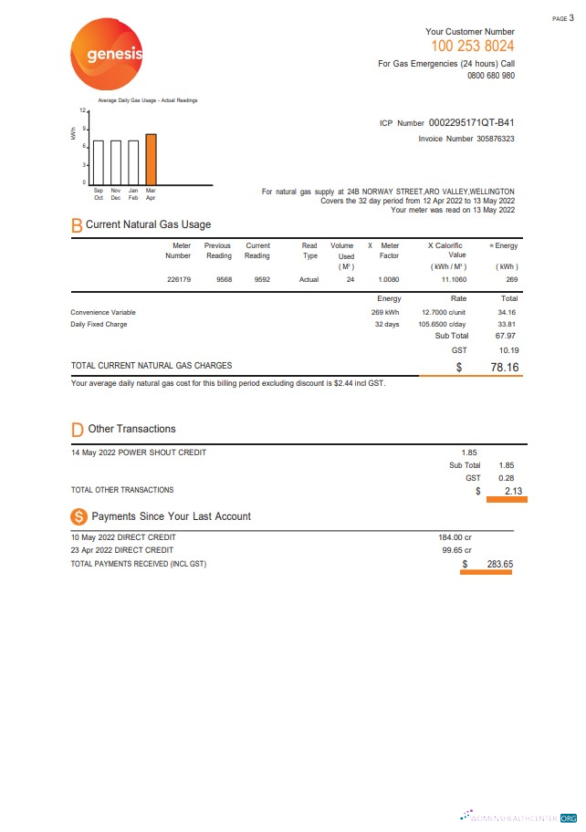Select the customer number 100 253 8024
coord(472,46)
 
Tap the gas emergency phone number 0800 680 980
coord(491,76)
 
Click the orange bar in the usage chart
coord(151,159)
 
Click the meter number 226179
coord(179,279)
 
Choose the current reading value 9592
coord(258,279)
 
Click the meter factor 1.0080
coord(389,279)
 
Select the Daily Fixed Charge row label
coord(99,324)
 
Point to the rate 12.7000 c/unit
coord(445,312)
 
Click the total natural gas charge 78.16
coord(504,367)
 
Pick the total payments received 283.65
coord(499,564)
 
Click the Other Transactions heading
coord(131,429)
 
